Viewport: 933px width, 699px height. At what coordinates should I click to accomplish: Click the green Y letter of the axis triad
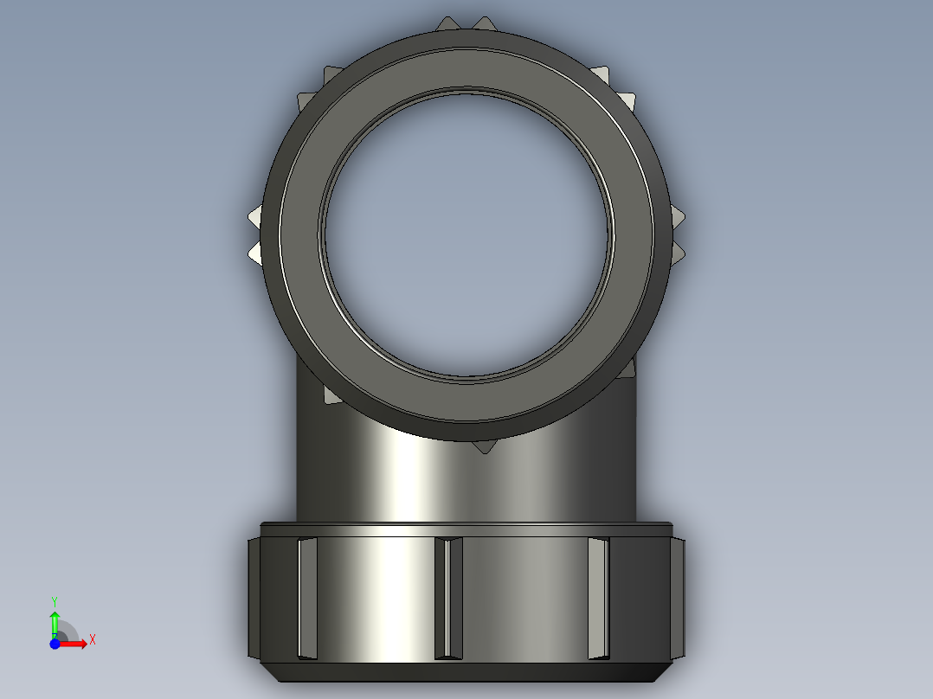(55, 600)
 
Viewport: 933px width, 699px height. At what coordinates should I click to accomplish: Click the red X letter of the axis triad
(93, 640)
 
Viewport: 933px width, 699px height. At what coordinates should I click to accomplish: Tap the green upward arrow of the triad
(55, 620)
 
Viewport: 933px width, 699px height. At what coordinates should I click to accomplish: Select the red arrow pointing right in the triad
(76, 643)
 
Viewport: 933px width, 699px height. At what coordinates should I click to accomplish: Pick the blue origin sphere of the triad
(55, 644)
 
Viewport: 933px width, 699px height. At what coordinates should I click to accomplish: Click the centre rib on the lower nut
(447, 597)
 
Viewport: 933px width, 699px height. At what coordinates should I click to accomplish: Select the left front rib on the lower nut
(307, 597)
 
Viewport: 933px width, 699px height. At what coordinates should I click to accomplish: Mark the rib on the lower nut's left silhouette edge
(253, 597)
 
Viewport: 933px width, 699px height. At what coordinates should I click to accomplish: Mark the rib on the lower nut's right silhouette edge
(678, 597)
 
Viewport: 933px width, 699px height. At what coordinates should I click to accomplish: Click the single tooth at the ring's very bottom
(482, 446)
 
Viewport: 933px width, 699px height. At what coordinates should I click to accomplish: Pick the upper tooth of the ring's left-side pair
(256, 215)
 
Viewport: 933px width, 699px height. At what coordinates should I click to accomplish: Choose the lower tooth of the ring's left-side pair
(256, 252)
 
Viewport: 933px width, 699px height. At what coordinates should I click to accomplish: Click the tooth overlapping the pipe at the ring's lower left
(330, 394)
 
